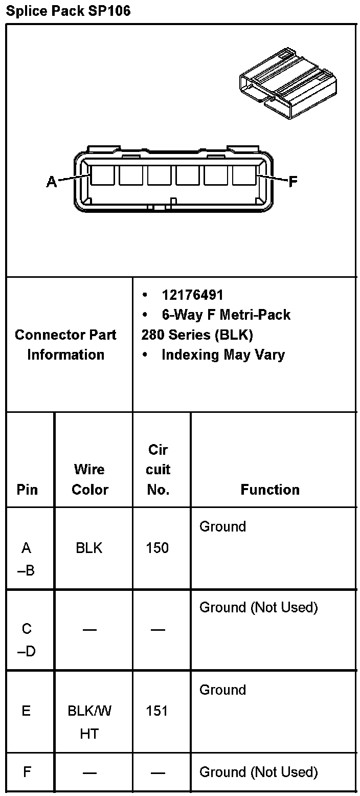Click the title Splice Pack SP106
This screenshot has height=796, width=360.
click(68, 11)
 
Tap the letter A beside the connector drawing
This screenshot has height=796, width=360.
click(52, 182)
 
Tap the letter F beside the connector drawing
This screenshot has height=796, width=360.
click(293, 182)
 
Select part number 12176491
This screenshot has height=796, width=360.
click(192, 295)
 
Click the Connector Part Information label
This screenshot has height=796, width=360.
click(65, 345)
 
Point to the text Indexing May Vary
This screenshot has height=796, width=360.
click(223, 355)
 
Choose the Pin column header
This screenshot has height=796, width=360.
click(27, 490)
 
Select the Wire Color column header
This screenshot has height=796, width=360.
click(90, 479)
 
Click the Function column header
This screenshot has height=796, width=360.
click(270, 490)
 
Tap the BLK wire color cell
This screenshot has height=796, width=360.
click(89, 548)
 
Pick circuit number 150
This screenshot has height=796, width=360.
click(157, 548)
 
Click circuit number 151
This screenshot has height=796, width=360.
click(157, 711)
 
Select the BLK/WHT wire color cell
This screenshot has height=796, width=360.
click(89, 722)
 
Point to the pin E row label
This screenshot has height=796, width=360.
click(26, 711)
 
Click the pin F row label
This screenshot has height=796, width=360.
click(27, 771)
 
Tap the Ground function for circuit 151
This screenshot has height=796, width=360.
click(222, 690)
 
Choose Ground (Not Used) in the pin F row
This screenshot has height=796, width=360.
click(258, 771)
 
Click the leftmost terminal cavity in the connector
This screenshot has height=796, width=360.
click(103, 175)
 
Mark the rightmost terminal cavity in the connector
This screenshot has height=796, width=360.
click(244, 175)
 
